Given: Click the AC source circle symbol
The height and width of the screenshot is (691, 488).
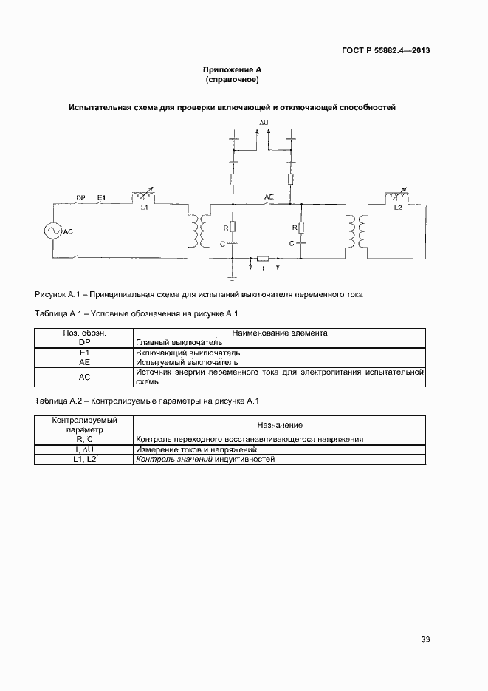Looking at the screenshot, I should tap(53, 231).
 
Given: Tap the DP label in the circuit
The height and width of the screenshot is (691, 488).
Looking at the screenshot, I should tap(81, 197).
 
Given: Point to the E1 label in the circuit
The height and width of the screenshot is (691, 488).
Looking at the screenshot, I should tap(102, 197).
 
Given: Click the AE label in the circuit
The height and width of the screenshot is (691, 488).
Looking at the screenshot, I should tap(269, 197).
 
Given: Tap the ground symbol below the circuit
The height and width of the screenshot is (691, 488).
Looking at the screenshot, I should tap(233, 277).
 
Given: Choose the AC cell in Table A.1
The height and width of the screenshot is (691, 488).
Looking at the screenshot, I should tap(83, 377).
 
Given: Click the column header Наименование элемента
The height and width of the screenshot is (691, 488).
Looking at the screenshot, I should tap(279, 333).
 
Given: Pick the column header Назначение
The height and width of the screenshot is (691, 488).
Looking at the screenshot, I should tap(279, 425).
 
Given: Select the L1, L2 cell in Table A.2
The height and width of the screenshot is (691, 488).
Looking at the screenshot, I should tap(83, 459).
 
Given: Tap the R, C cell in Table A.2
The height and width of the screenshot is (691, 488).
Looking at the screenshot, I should tap(83, 440).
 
